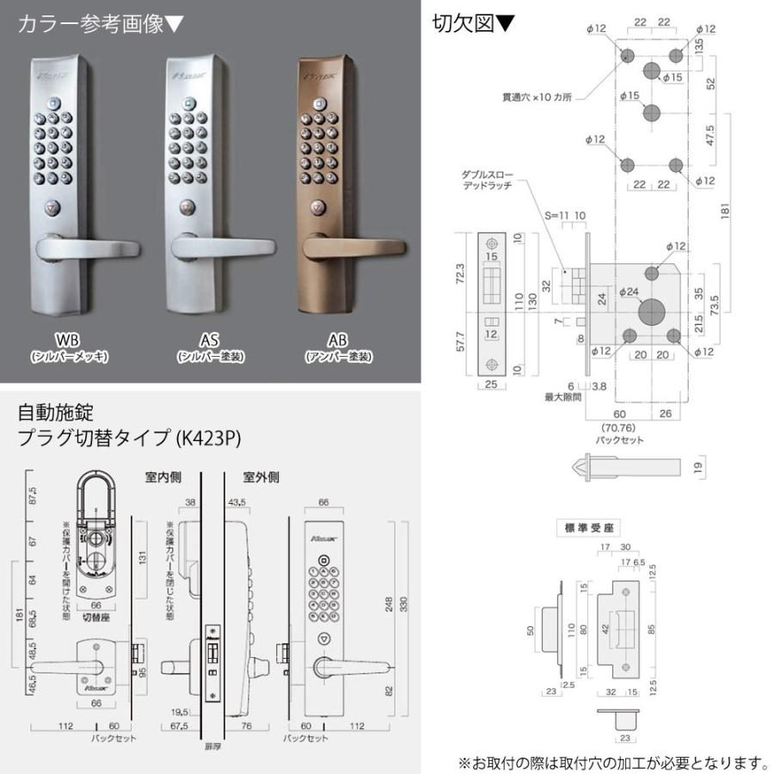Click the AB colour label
337,338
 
